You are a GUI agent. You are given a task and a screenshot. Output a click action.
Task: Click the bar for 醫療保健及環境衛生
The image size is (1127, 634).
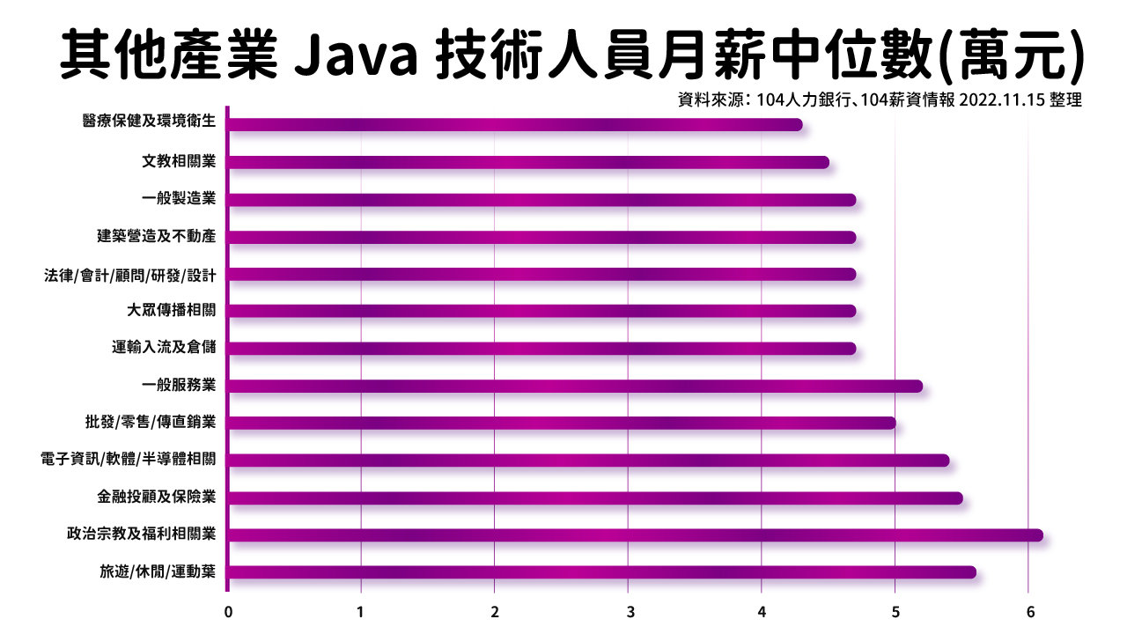point(515,124)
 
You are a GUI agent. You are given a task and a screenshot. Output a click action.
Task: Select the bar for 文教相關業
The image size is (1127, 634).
point(528,162)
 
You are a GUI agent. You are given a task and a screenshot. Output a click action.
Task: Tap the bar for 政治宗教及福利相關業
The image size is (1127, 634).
point(635,535)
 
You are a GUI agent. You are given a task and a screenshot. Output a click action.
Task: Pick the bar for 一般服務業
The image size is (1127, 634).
point(575,386)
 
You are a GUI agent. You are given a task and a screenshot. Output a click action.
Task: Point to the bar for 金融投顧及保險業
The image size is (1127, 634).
point(595,498)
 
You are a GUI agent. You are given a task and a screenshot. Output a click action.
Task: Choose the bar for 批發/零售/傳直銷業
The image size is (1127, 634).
point(562,424)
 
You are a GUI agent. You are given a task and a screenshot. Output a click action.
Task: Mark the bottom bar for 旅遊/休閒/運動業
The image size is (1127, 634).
point(601,572)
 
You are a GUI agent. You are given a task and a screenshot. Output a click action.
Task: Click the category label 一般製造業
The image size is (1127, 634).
point(179,199)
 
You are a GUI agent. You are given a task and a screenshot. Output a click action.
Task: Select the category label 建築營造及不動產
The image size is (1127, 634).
point(156,237)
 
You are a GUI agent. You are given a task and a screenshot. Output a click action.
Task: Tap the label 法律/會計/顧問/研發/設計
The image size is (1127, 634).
point(129,274)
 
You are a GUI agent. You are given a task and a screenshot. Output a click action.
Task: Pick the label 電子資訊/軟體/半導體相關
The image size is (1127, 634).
point(128,460)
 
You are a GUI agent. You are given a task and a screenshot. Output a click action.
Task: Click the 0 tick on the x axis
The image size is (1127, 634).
point(228,611)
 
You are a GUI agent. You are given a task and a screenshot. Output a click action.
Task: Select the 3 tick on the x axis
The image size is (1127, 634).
point(629,611)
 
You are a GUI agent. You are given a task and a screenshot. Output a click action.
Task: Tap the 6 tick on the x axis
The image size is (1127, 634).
point(1028,611)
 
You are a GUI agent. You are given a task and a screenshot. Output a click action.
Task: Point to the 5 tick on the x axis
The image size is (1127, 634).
point(895,611)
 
